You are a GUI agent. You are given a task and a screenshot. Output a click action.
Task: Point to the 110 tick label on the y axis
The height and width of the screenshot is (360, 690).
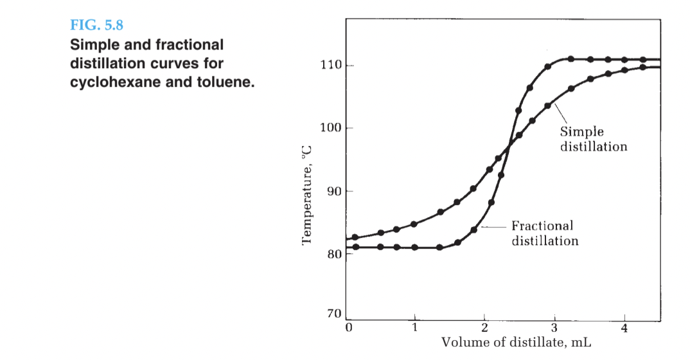point(330,66)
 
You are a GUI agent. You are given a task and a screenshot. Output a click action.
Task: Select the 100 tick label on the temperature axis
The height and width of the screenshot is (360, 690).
point(330,128)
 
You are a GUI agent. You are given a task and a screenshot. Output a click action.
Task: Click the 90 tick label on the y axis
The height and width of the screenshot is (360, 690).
point(332,191)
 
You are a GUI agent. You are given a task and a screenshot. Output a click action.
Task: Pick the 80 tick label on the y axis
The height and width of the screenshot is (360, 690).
point(332,254)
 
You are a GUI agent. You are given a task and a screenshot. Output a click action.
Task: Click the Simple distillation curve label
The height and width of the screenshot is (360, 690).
point(593,139)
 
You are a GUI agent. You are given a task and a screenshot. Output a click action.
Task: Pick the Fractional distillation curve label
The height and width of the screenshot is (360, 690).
point(544,233)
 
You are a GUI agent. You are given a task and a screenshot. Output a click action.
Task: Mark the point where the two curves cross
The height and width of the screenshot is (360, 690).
point(508,150)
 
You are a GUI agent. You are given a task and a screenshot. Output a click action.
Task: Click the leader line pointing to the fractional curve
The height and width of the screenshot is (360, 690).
point(495,226)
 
